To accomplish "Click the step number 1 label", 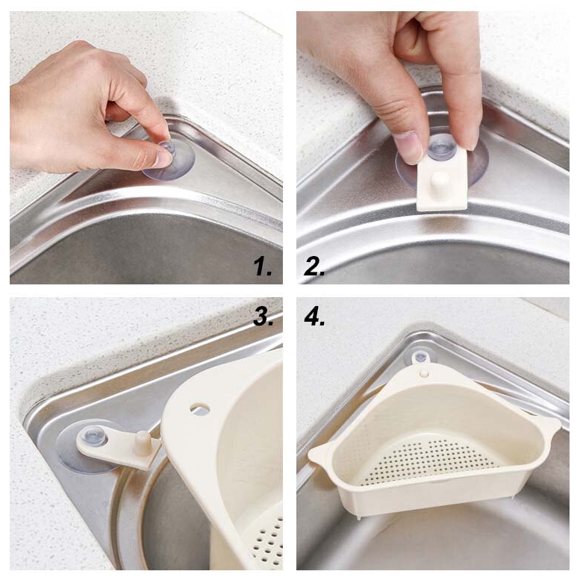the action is (262, 266).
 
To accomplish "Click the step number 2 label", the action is (314, 266).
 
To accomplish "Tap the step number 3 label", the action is (264, 317).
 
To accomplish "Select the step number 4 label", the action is (315, 317).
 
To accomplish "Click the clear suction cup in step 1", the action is (168, 162).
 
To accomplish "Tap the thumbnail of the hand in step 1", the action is (163, 158).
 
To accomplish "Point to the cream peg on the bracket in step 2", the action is (440, 182).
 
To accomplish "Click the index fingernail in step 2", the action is (408, 147).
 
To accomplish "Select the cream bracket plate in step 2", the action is (443, 179).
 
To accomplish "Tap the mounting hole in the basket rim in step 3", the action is (200, 409).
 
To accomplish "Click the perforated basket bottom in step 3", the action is (267, 540).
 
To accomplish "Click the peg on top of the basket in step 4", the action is (424, 373).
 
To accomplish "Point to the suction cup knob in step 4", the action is (420, 358).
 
